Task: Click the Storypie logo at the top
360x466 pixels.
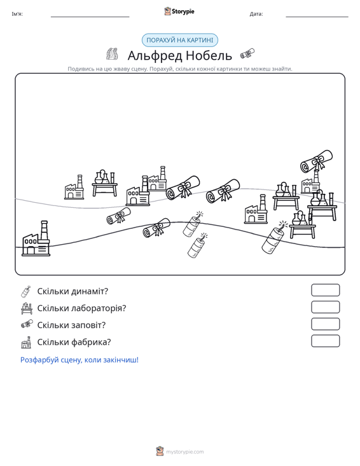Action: tap(179, 11)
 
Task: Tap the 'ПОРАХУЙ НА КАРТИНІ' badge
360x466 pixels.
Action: tap(180, 40)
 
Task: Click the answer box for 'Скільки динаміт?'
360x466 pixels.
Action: tap(325, 290)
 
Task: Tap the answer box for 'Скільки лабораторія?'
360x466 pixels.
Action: tap(325, 307)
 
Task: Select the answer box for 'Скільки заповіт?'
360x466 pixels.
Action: tap(325, 324)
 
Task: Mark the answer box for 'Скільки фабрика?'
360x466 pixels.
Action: tap(325, 341)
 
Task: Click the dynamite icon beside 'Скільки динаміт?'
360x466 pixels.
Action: tap(26, 291)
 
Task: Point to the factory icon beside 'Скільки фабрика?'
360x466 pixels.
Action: tap(26, 343)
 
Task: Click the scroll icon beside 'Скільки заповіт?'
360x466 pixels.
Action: tap(27, 324)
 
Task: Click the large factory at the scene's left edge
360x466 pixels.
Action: tap(36, 238)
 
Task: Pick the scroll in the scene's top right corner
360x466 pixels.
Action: tap(316, 161)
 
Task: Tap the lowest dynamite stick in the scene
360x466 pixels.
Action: tap(197, 245)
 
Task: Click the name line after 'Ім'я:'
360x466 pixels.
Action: tap(90, 17)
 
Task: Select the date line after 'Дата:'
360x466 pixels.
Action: tap(317, 17)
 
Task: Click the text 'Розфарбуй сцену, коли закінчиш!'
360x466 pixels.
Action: tap(80, 360)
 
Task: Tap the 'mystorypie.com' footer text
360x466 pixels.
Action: tap(185, 452)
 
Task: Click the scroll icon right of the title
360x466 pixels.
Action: tap(247, 53)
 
